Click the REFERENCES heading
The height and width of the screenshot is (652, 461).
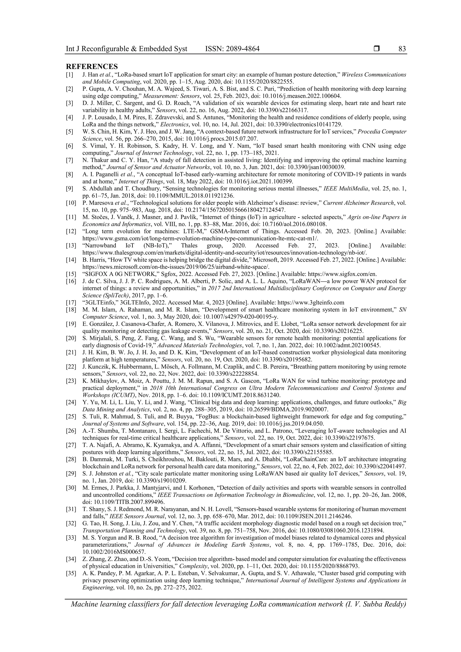click(92, 66)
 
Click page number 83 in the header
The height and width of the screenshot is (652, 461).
click(402, 49)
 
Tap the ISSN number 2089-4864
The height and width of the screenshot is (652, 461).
click(243, 49)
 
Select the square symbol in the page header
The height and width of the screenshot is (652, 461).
click(377, 49)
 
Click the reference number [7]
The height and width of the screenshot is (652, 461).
click(70, 160)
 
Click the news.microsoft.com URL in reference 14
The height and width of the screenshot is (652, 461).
click(176, 267)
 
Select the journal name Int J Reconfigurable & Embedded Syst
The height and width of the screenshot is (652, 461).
click(127, 49)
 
